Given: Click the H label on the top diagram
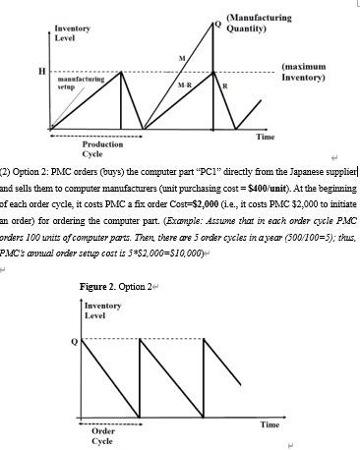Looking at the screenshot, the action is (41, 72).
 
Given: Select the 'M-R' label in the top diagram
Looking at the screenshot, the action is (184, 86).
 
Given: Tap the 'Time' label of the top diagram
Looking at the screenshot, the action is (265, 135).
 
